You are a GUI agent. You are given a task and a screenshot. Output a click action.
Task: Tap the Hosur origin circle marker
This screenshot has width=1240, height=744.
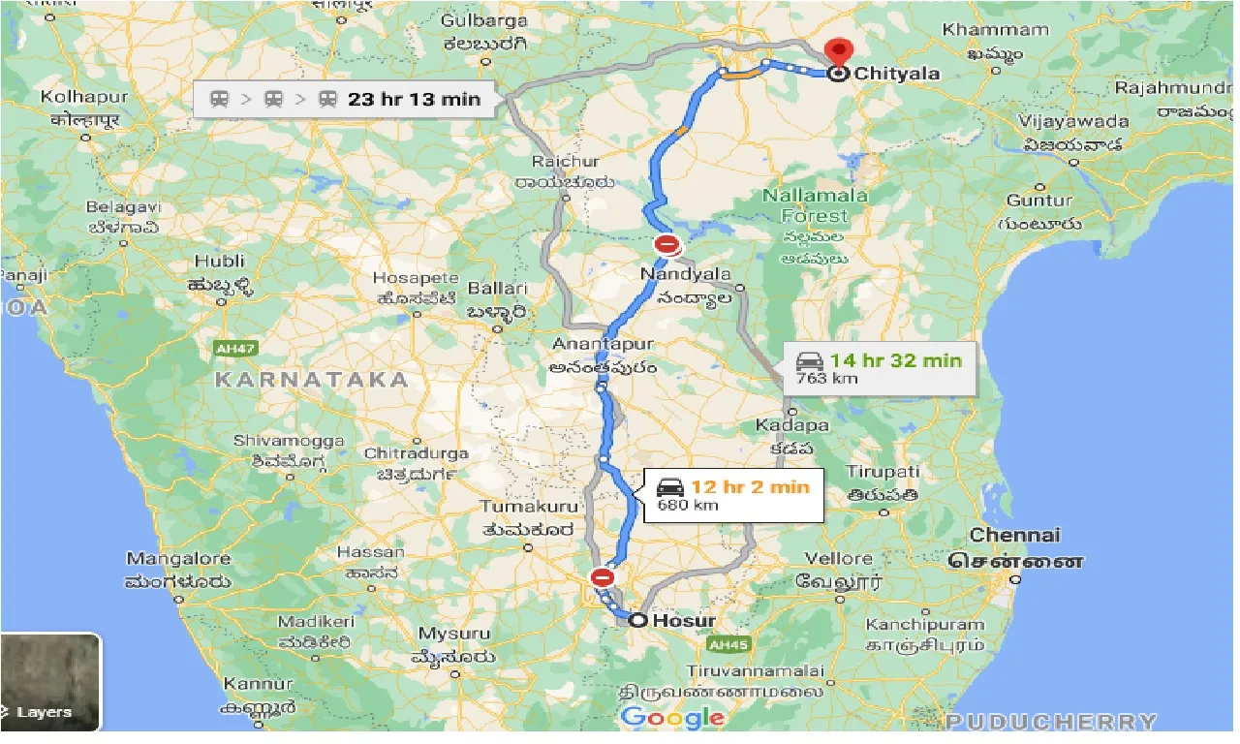[x=637, y=620]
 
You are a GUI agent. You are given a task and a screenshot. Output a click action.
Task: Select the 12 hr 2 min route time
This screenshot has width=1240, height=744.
[x=749, y=486]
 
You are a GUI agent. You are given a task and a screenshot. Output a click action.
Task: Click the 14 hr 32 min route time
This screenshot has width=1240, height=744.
[x=895, y=360]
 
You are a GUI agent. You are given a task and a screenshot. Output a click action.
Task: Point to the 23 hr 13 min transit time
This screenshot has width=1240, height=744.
[x=415, y=98]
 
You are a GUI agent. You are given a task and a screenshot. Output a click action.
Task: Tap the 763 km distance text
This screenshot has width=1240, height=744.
[x=826, y=379]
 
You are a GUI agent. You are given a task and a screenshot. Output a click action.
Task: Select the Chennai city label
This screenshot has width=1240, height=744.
[x=1015, y=535]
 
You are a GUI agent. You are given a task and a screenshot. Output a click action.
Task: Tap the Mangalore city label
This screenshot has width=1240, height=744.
[x=178, y=559]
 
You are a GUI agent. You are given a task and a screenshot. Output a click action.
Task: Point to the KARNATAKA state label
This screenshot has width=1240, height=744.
[x=311, y=379]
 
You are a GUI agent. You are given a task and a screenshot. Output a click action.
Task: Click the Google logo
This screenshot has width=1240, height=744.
[x=672, y=718]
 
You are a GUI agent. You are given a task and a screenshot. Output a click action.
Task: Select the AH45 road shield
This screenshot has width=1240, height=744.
[x=725, y=643]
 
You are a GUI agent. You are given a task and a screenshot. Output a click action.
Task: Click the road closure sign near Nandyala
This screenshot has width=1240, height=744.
[x=666, y=244]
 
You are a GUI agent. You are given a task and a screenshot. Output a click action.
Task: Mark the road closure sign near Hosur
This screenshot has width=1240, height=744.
[x=603, y=578]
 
